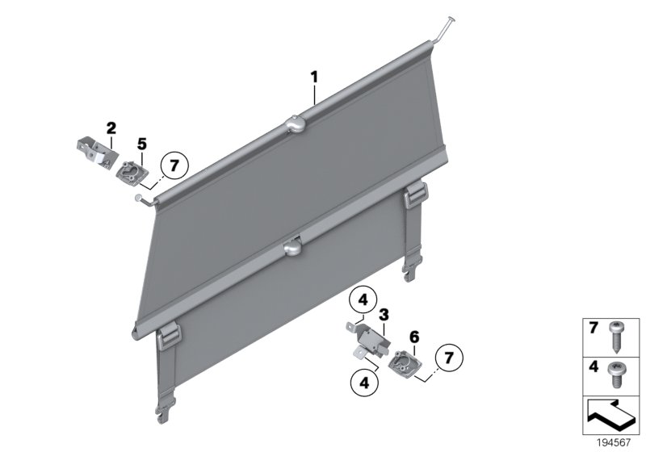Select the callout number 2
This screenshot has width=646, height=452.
tap(111, 128)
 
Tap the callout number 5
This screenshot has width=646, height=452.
tap(141, 144)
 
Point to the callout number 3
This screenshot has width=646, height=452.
tap(384, 312)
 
